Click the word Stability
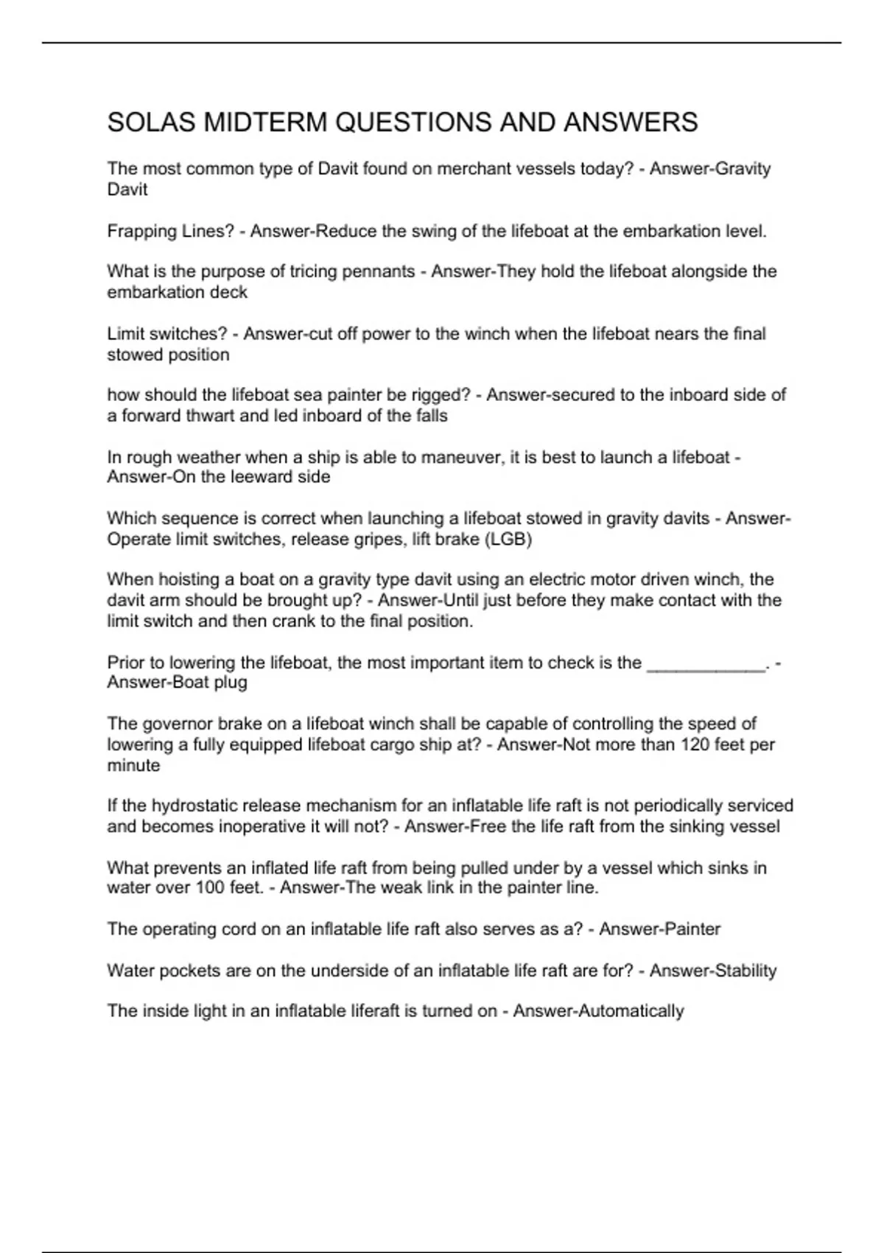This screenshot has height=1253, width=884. pos(745,971)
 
